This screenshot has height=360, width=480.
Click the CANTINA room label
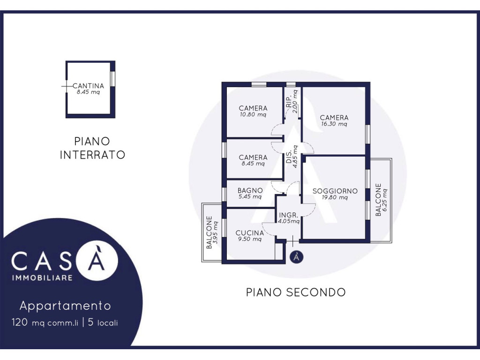[x=88, y=86]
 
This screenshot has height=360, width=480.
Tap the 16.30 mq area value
[x=334, y=124]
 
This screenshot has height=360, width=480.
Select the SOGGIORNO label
[x=335, y=191]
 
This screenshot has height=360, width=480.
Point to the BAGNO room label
[x=250, y=190]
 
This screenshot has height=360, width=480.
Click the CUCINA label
[x=250, y=233]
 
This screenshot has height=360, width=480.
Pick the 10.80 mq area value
[x=253, y=115]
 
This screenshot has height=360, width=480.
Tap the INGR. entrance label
[x=288, y=215]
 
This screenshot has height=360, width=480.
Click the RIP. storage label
[x=289, y=102]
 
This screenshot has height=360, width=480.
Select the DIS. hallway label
[x=289, y=157]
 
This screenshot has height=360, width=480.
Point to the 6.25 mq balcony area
[x=385, y=200]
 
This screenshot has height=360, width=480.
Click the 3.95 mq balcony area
[x=216, y=232]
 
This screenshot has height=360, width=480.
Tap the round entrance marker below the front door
[x=296, y=257]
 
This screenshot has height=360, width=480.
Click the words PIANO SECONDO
[x=296, y=292]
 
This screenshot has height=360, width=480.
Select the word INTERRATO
[x=92, y=155]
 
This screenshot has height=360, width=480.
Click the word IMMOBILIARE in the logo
[x=42, y=277]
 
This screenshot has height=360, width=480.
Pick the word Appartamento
[x=65, y=306]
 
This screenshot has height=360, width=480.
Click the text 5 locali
[x=103, y=322]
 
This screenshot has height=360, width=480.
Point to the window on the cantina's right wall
[x=112, y=78]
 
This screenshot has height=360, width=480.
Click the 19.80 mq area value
[x=335, y=197]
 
